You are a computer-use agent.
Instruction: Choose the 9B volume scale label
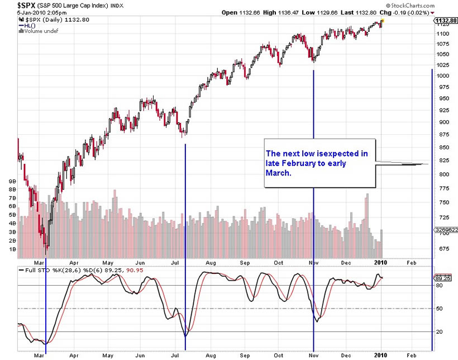coord(12,182)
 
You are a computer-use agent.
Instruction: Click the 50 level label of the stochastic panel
coord(439,309)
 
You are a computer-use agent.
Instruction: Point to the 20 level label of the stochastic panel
coord(439,332)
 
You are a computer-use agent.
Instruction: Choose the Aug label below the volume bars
coord(211,262)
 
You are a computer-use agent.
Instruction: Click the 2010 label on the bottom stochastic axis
coord(379,355)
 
